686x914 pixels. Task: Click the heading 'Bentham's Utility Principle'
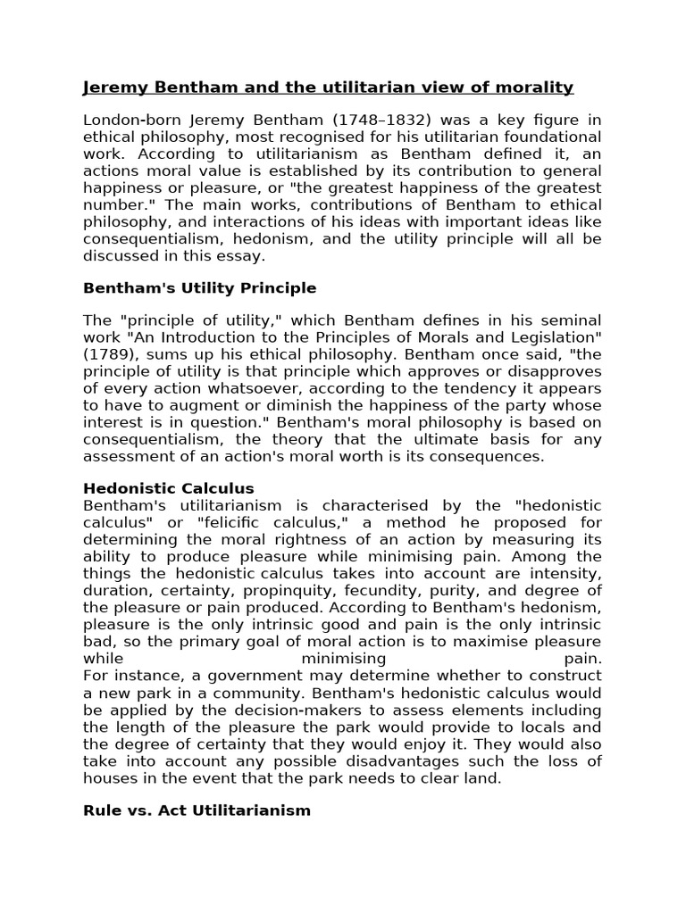coord(199,287)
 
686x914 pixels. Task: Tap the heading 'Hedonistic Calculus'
coord(169,488)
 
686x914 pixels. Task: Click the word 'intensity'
coord(568,573)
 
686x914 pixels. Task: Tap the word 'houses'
coord(110,777)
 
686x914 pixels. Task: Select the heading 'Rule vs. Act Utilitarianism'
coord(197,810)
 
